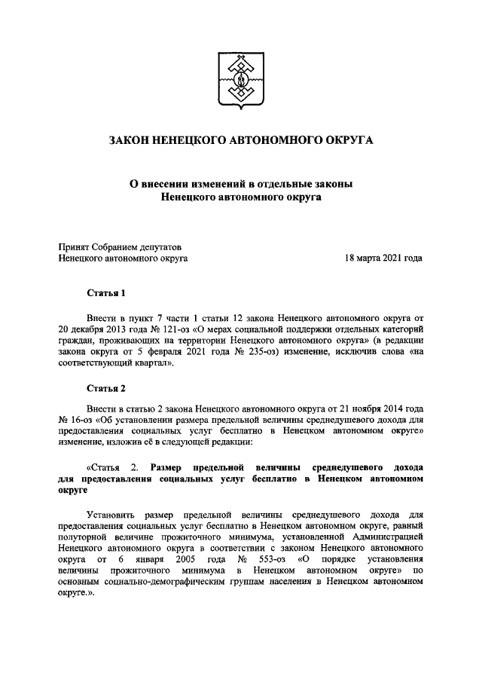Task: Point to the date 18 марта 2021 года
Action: click(383, 258)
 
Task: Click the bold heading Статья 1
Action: click(105, 292)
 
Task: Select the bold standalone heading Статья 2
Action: click(105, 389)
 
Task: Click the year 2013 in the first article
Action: click(109, 329)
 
